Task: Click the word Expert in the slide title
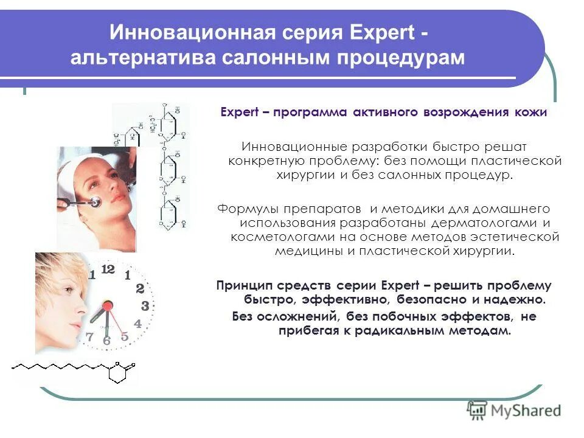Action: click(x=383, y=31)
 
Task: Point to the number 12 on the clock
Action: click(x=108, y=268)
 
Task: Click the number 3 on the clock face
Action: click(x=145, y=306)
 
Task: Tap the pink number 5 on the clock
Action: click(x=125, y=336)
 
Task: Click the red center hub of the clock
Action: click(x=108, y=305)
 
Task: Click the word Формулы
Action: click(x=245, y=208)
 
